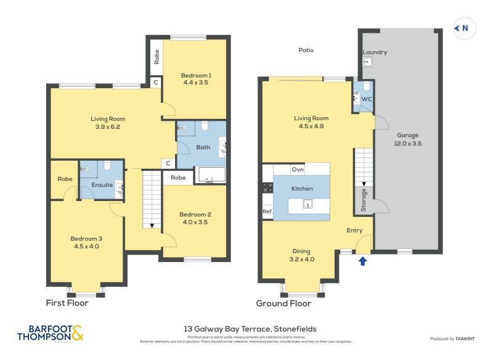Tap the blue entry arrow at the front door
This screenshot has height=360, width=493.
(362, 261)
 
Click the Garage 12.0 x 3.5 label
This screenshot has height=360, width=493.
(407, 139)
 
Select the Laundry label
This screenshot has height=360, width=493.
(375, 52)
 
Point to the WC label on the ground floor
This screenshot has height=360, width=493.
(366, 99)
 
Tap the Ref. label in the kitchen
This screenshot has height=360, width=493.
(267, 211)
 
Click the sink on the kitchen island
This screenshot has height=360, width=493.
(310, 203)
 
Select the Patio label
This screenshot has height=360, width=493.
(306, 50)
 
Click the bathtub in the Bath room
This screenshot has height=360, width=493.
(211, 175)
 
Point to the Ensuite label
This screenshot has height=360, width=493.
(102, 184)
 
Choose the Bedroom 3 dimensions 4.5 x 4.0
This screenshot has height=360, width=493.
(86, 246)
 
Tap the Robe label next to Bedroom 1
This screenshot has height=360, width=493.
(157, 57)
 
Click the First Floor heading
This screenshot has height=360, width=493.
(67, 303)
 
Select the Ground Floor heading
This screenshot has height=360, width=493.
(283, 303)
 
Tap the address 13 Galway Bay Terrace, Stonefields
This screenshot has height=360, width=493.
(250, 329)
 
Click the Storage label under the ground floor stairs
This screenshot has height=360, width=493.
(364, 200)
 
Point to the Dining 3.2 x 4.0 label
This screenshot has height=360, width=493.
(301, 255)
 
